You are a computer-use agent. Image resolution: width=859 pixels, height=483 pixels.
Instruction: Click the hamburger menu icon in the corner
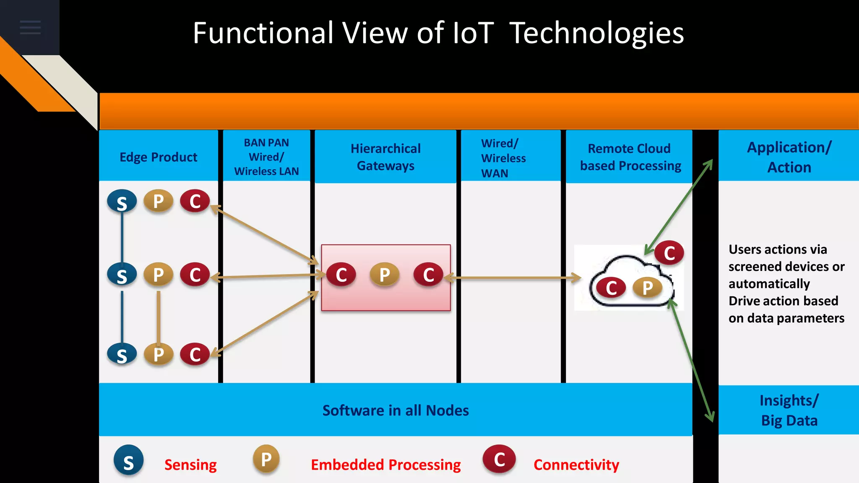30,27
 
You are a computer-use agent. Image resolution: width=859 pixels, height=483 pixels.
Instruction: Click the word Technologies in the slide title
596,33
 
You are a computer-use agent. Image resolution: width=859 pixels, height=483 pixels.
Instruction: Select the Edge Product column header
158,157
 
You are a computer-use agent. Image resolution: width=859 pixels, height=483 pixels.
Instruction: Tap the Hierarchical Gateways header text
385,157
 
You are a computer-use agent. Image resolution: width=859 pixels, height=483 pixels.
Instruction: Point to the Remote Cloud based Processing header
630,157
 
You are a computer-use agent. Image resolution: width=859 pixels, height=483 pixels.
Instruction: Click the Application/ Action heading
789,157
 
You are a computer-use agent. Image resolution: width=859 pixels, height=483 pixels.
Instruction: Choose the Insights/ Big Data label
789,410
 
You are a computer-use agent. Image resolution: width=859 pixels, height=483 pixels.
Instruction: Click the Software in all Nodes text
396,410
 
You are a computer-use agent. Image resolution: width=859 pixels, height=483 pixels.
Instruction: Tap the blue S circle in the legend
128,460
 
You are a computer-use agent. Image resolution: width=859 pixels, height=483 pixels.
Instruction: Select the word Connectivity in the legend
576,465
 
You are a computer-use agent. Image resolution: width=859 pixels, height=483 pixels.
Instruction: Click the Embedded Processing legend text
385,465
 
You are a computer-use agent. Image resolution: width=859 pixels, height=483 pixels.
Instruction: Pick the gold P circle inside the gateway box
384,275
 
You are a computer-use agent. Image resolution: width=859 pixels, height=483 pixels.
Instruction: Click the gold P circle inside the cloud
647,288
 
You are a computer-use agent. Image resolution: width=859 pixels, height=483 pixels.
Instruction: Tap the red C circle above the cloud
669,253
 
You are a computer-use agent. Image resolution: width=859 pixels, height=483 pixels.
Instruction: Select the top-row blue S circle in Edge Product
122,202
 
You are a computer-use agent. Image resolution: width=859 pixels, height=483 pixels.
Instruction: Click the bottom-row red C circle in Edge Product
195,354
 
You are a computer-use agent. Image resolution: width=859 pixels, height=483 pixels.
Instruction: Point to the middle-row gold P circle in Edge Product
158,275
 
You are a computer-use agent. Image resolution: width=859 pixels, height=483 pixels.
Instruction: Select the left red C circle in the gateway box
341,275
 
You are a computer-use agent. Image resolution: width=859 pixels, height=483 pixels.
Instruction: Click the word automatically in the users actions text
769,284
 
